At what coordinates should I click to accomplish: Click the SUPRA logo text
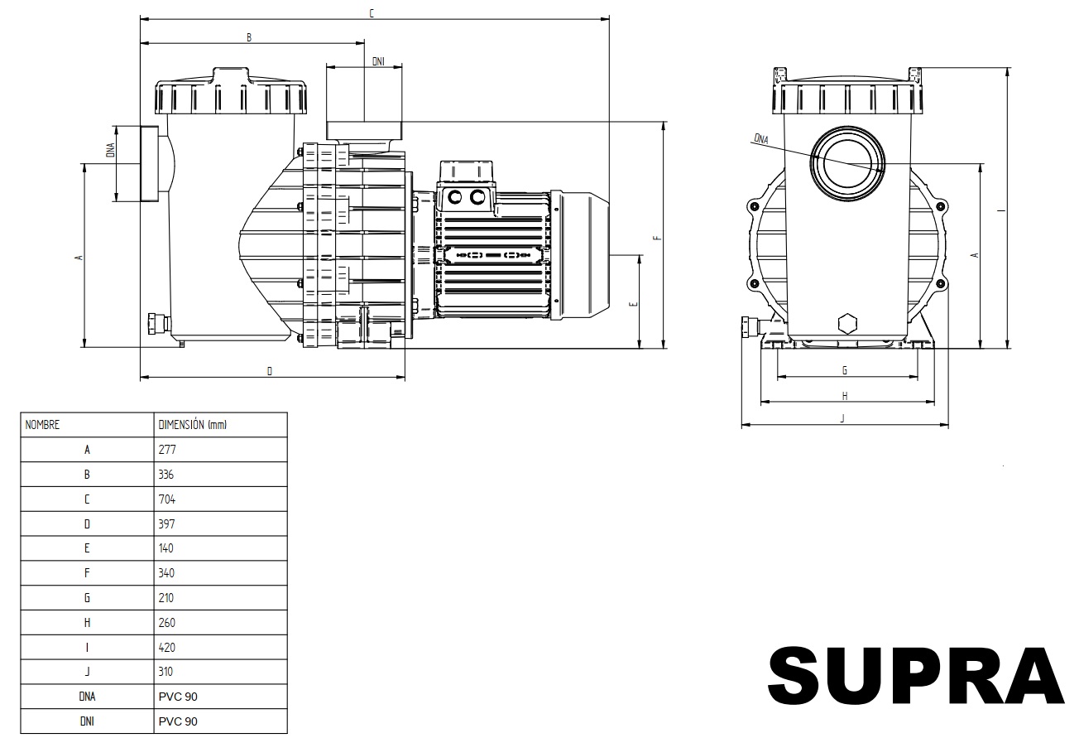coord(916,676)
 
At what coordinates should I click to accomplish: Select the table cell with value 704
coord(221,499)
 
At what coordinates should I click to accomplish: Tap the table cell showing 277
coord(221,450)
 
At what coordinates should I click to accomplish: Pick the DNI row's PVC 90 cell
coord(221,721)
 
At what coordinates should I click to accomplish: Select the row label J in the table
coord(87,672)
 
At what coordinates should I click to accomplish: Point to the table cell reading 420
coord(221,647)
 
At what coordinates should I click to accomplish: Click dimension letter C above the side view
coord(372,13)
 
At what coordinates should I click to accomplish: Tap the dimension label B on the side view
coord(249,37)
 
